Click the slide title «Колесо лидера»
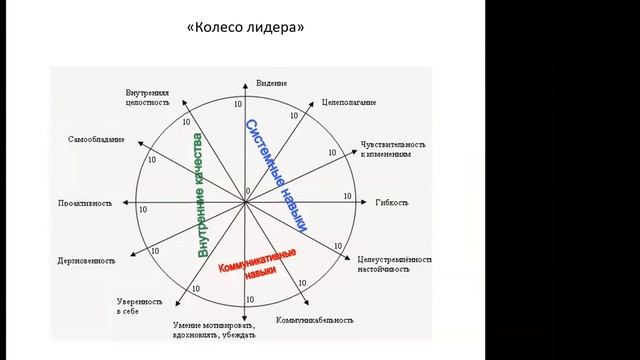click(244, 27)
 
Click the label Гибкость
click(391, 203)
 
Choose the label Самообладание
click(97, 138)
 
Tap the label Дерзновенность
click(87, 260)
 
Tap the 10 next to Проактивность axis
click(143, 210)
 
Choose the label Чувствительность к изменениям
click(392, 149)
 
